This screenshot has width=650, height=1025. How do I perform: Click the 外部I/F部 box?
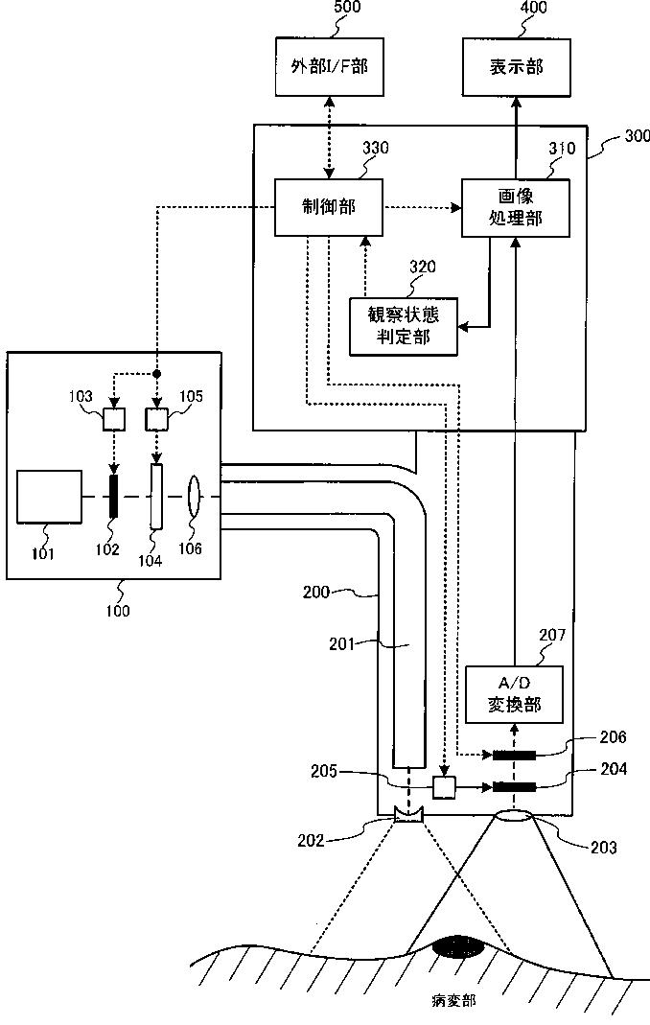(329, 67)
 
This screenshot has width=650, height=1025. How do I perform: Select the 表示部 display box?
(517, 67)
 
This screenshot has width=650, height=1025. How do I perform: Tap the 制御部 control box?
(328, 207)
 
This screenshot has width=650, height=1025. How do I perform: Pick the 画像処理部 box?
(516, 207)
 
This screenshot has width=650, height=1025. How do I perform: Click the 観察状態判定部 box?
(404, 326)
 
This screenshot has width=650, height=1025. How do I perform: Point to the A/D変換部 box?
(514, 694)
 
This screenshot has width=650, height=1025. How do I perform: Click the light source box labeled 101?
(50, 496)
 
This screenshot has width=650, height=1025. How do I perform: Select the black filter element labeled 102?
(114, 496)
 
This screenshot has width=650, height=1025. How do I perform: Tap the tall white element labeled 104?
(156, 496)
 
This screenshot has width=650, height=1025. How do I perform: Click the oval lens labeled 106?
(194, 496)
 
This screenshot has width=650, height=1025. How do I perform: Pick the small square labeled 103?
(114, 419)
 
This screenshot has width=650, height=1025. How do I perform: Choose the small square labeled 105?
(156, 419)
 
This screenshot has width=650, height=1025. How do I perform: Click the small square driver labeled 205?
(444, 787)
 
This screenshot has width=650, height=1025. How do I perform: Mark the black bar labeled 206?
(514, 756)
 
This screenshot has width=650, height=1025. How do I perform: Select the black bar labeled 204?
(514, 787)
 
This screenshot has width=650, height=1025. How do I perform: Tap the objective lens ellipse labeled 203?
(514, 817)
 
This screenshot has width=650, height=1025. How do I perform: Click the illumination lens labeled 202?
(409, 814)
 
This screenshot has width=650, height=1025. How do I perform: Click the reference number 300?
(638, 136)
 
